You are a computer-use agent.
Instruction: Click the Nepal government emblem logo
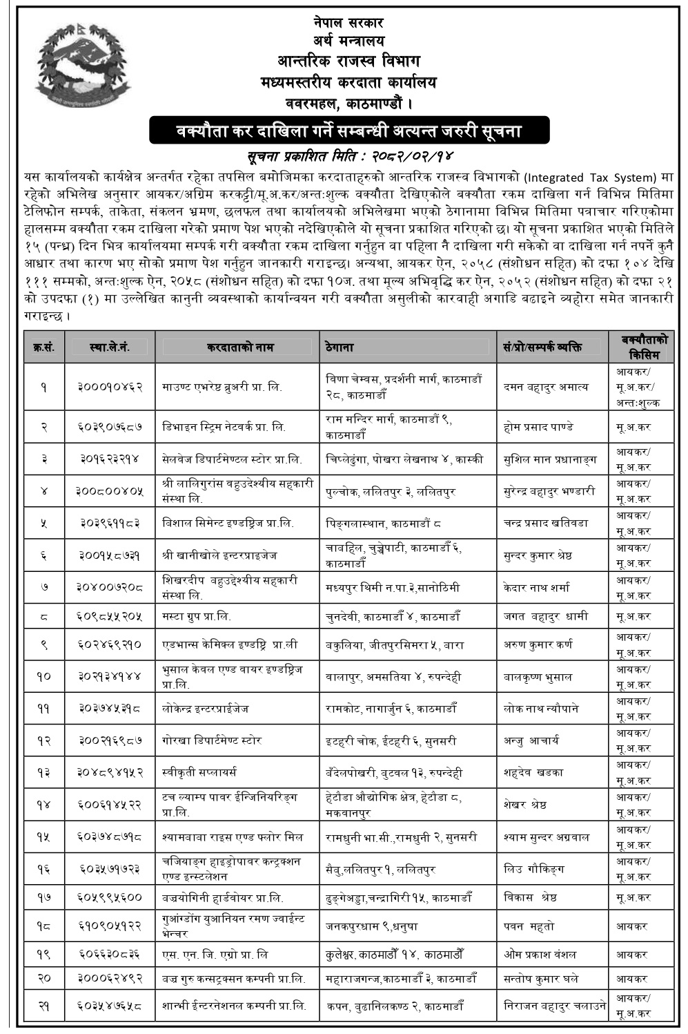tap(83, 68)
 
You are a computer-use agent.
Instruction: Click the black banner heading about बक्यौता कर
tap(349, 131)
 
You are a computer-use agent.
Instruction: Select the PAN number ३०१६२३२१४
tap(110, 459)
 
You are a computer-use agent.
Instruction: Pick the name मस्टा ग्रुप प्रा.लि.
tap(197, 616)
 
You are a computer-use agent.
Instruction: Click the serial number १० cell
tap(44, 677)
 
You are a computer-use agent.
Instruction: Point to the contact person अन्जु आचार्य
tap(531, 740)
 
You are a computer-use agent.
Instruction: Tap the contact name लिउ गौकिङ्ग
tap(534, 869)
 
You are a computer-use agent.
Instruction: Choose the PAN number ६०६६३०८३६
tap(110, 955)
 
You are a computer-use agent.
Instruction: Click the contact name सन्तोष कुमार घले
tap(541, 979)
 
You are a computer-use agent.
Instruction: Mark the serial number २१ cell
tap(44, 1007)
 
